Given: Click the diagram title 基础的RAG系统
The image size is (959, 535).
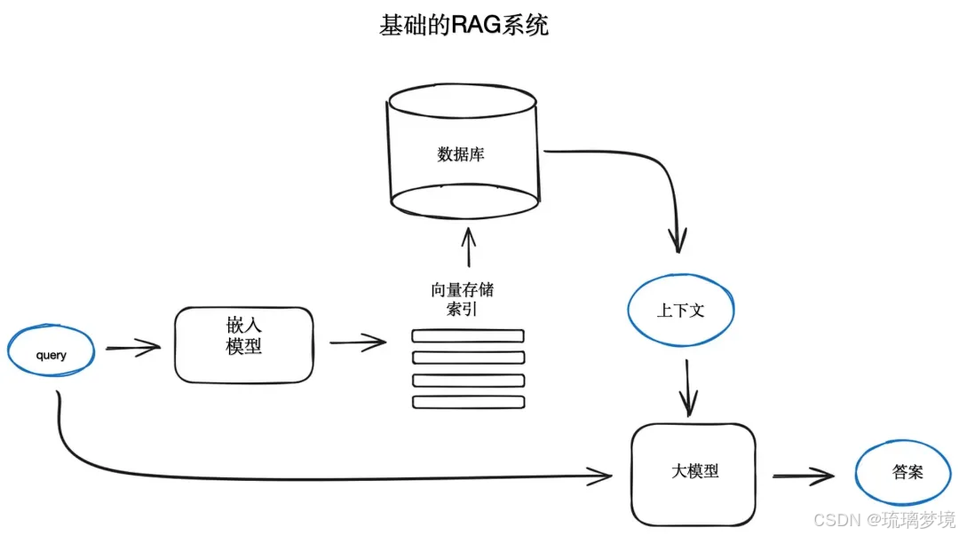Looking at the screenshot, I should point(464,25).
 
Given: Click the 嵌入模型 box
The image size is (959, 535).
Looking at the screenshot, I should point(243,344).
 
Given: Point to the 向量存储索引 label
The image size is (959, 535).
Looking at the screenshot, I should point(462,299).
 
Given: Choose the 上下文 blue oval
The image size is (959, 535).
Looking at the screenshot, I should point(682,310).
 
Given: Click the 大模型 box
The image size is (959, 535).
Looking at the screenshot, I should point(693,474).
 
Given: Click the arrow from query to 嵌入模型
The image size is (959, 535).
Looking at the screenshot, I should point(133,348).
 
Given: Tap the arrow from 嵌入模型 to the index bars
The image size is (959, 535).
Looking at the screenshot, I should point(358,342).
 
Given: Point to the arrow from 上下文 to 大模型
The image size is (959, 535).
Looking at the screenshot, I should point(688,388).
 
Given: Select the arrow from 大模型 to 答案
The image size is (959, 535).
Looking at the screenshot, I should point(803,476).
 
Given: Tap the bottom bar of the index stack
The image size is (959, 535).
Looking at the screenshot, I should point(468,402).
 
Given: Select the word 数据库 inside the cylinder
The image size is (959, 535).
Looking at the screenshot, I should point(461,154).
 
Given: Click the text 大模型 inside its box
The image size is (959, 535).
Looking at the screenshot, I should point(695,471).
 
